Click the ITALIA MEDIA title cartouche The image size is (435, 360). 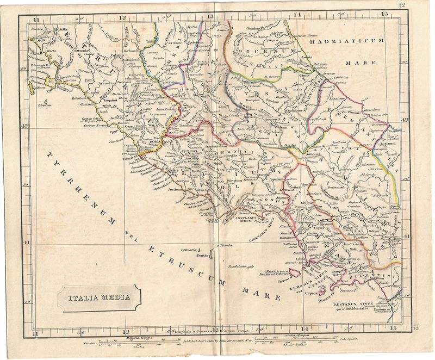click(98, 297)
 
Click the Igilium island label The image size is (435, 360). click(39, 86)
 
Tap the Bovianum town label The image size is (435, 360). click(339, 188)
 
